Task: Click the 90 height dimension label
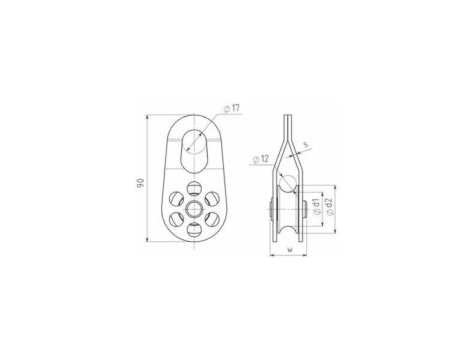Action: click(140, 184)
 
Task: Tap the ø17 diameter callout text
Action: click(231, 109)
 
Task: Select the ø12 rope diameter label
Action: click(261, 159)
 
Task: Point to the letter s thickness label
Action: click(306, 144)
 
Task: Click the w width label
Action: click(291, 250)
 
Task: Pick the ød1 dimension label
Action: click(316, 207)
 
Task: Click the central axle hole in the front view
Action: click(194, 209)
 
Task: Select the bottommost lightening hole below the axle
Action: click(194, 229)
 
